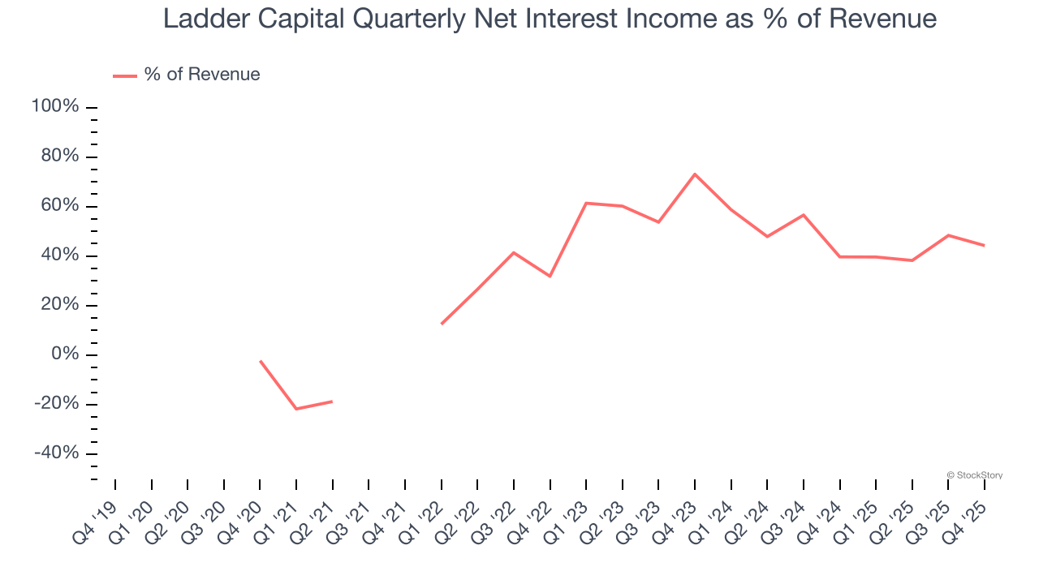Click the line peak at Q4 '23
point(695,174)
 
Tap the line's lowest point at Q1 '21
point(296,409)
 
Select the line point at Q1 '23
point(586,203)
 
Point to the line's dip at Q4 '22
point(550,277)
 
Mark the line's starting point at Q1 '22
point(442,324)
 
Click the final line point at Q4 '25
point(985,246)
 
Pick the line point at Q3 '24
point(804,215)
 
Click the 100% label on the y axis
point(55,107)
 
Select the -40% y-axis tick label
point(56,453)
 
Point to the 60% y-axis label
point(59,206)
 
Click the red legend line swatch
point(124,75)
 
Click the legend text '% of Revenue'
point(202,75)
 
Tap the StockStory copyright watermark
point(974,475)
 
